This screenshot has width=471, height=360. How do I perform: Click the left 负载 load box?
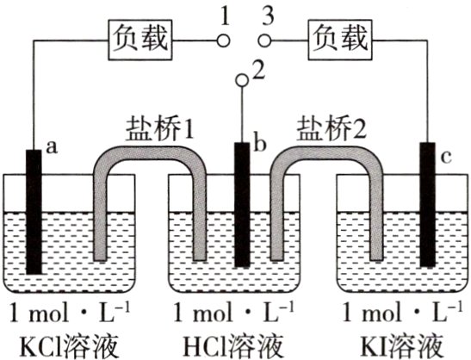coord(140,38)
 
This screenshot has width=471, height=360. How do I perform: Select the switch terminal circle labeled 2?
coord(243,81)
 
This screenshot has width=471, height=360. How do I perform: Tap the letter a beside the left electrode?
coord(50,147)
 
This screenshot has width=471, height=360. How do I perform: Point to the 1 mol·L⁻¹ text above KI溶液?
coord(397,311)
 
